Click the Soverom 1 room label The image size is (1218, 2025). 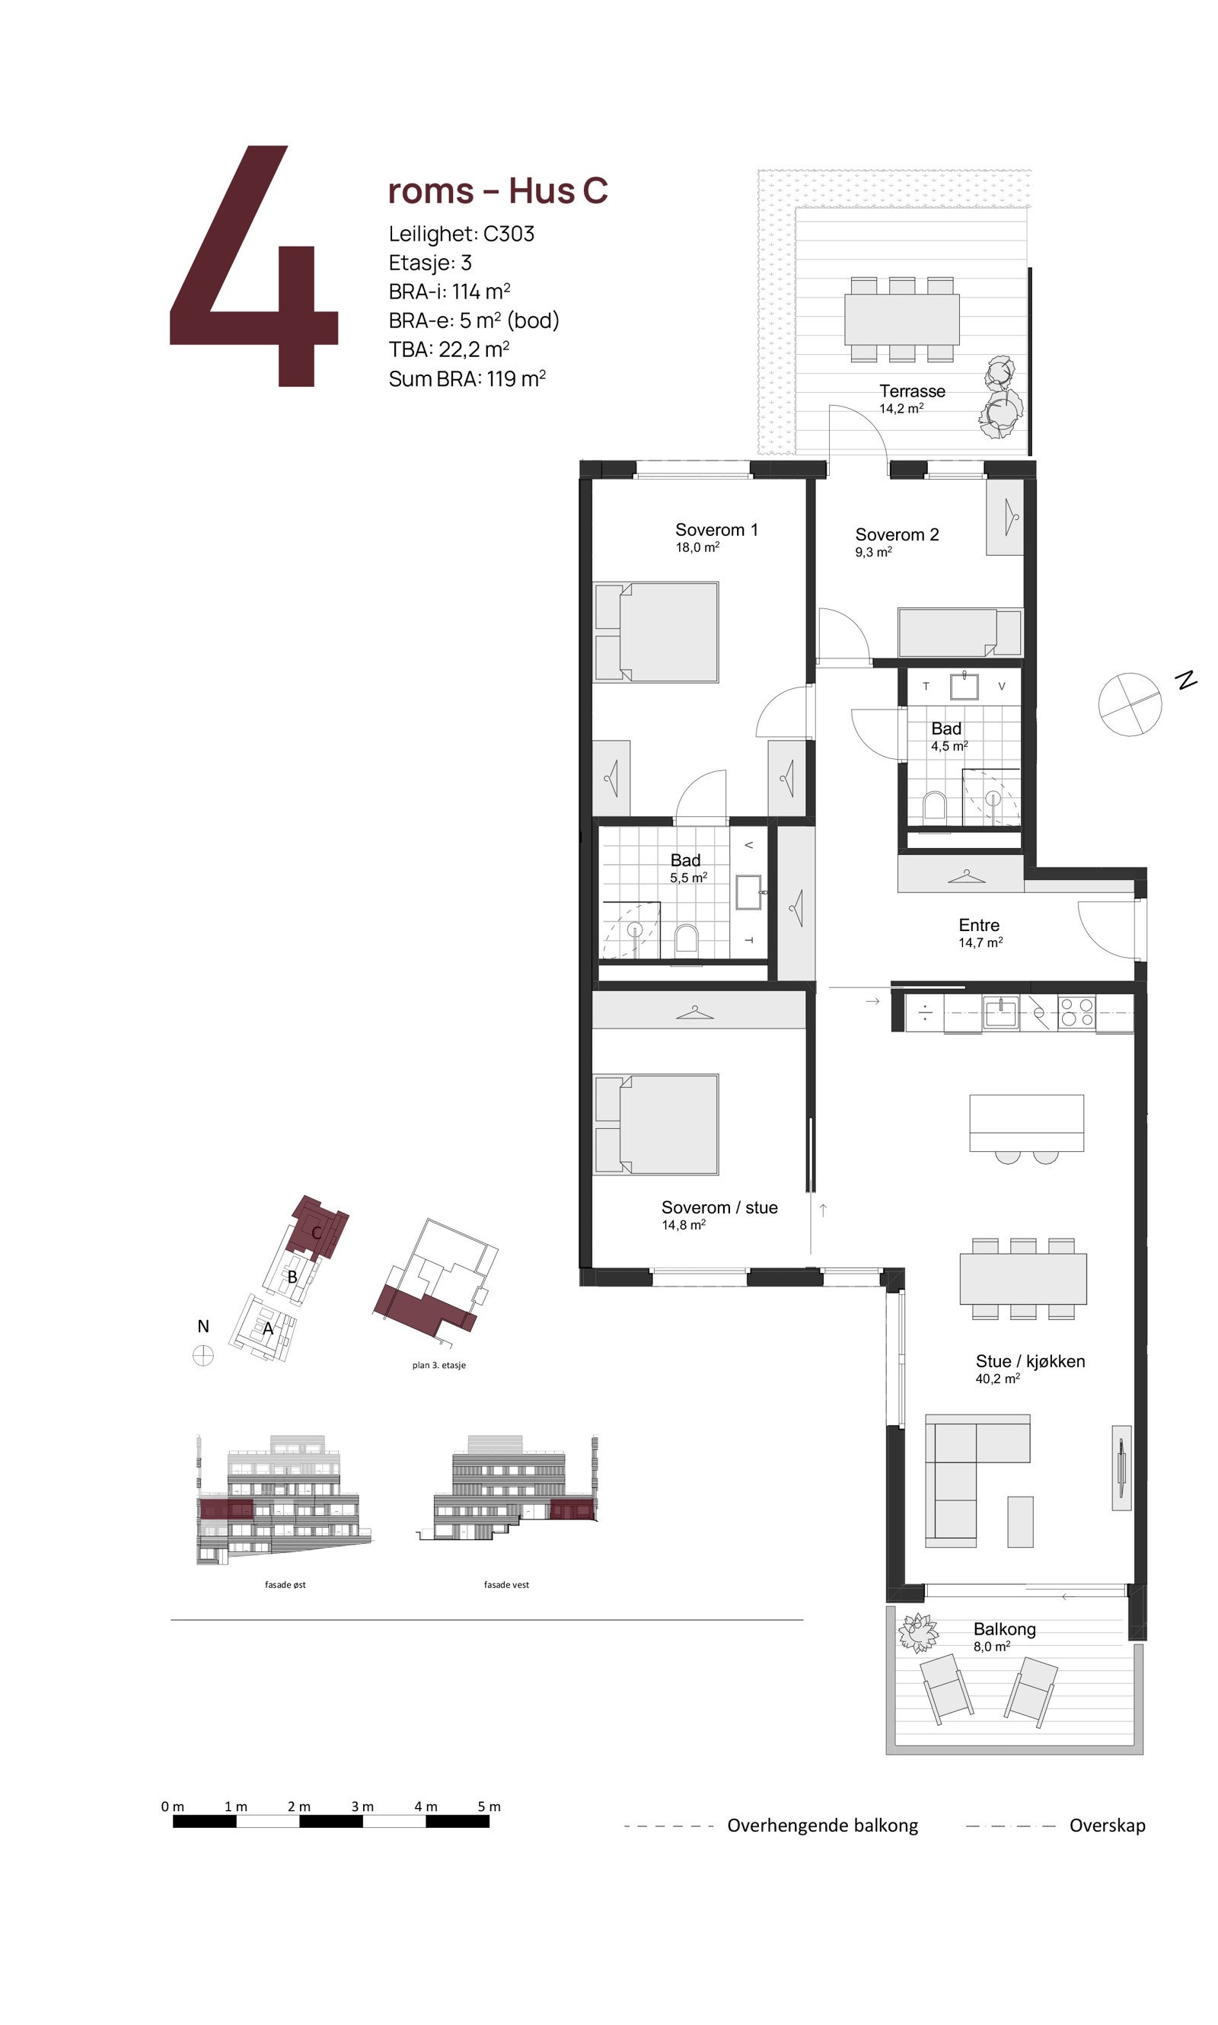click(x=716, y=531)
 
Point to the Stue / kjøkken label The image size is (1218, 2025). click(x=1029, y=1362)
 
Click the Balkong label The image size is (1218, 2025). click(x=1004, y=1629)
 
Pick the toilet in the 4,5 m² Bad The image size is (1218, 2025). click(x=934, y=807)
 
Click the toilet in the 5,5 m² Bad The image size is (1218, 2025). click(x=685, y=940)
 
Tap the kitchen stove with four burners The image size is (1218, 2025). click(x=1076, y=1012)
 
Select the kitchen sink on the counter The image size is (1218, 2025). click(x=1000, y=1011)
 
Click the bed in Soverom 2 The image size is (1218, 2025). click(x=958, y=633)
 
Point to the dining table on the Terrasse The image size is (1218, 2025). click(x=901, y=319)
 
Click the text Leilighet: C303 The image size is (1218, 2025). click(x=461, y=234)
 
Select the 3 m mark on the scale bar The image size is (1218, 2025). click(x=362, y=1807)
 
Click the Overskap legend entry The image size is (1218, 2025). click(x=1106, y=1826)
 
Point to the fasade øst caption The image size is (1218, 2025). click(x=285, y=1585)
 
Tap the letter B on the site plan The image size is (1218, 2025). click(x=292, y=1277)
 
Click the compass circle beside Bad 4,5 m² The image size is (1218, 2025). click(x=1130, y=704)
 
